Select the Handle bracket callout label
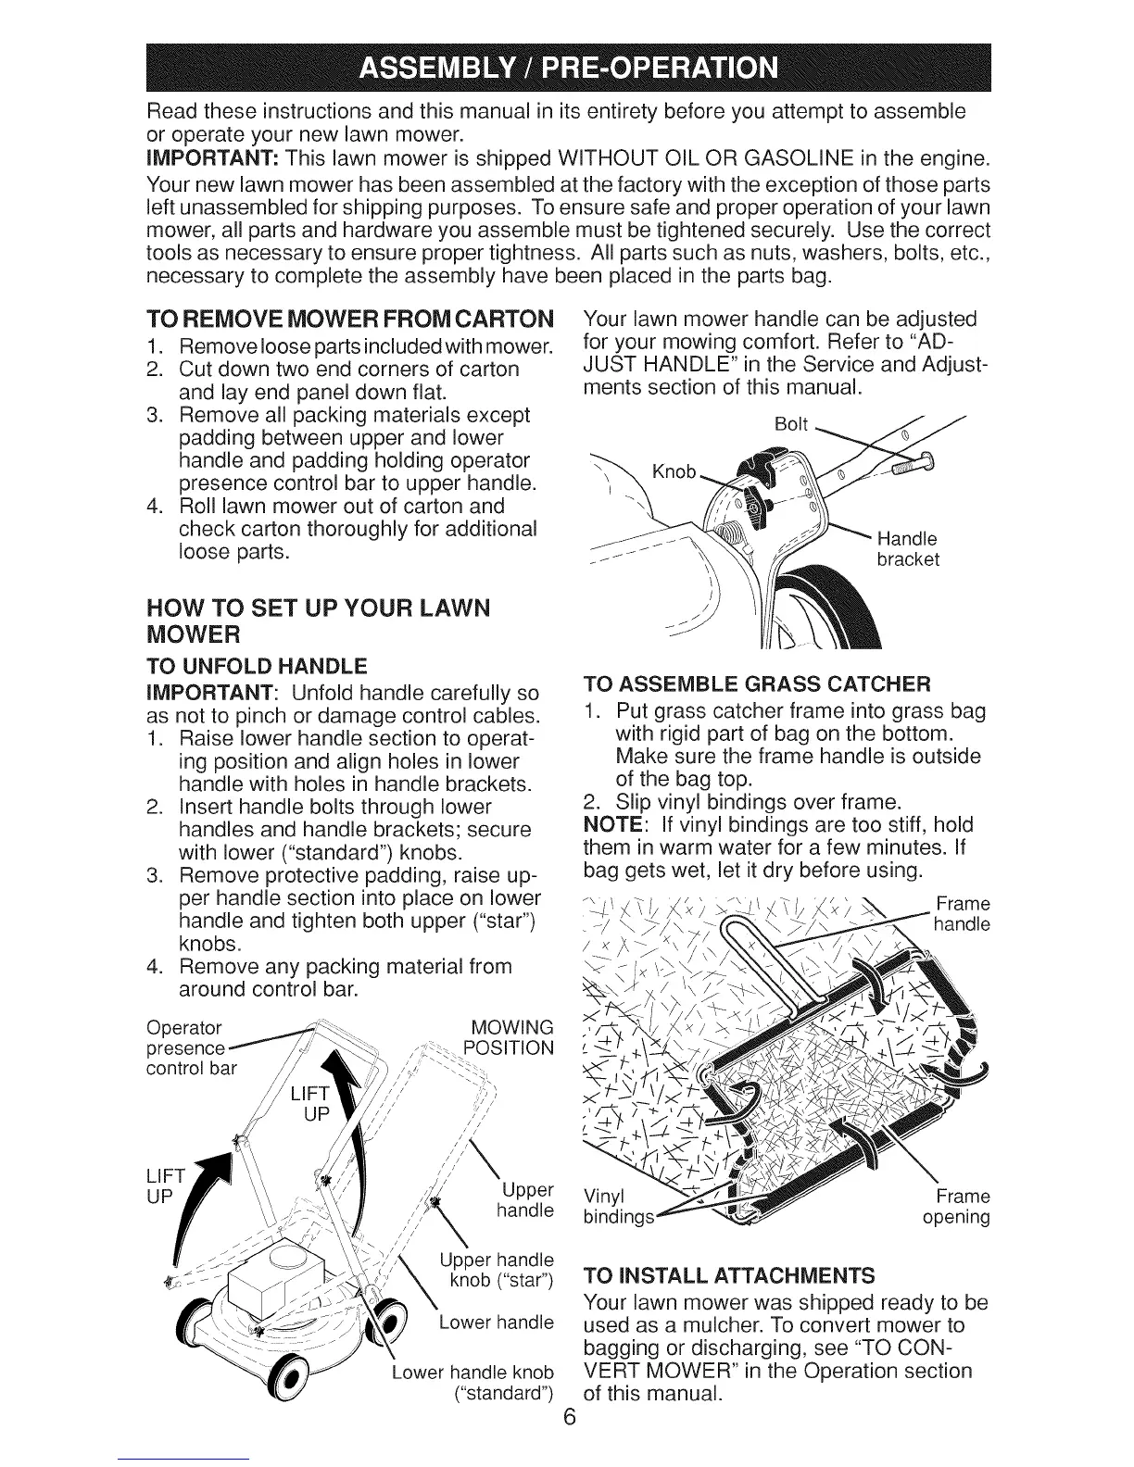click(907, 549)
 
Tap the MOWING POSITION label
click(511, 1037)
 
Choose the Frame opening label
click(957, 1205)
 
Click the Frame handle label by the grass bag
click(963, 913)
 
